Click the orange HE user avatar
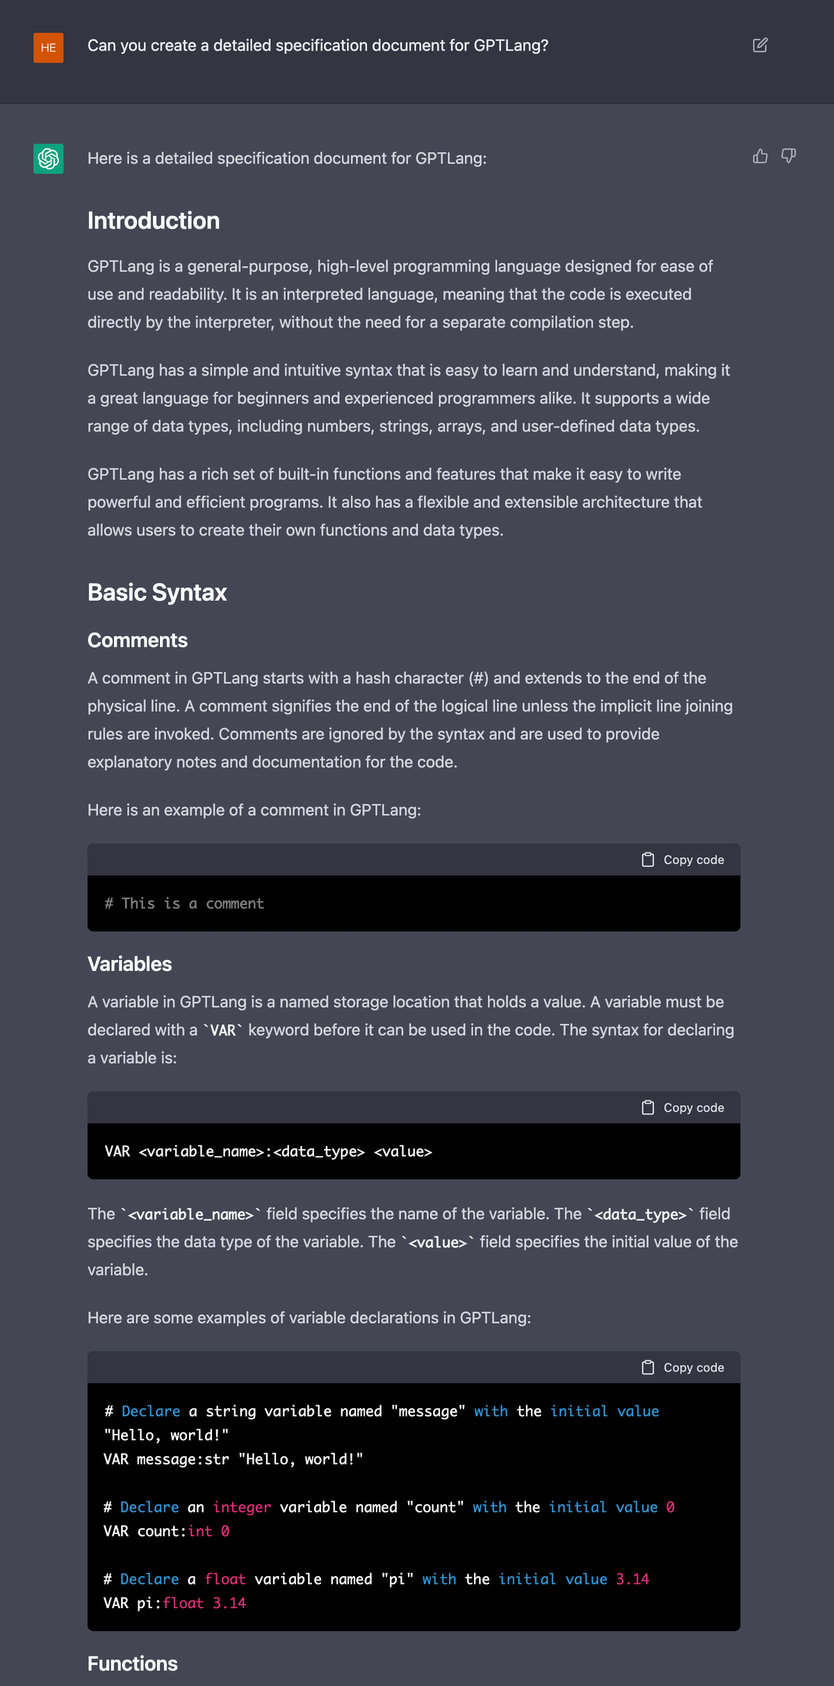click(x=48, y=48)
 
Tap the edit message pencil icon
click(x=760, y=45)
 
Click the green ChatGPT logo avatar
click(x=48, y=158)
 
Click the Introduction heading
click(x=154, y=221)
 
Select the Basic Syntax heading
click(x=157, y=593)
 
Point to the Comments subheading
click(x=138, y=640)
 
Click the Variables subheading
click(x=129, y=964)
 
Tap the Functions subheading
click(x=133, y=1664)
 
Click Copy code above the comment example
click(x=683, y=860)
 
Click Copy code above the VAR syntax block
click(x=683, y=1108)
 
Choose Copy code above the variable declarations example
click(x=683, y=1368)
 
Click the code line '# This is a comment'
click(x=184, y=904)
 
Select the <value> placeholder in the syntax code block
click(x=403, y=1152)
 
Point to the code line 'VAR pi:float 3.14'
click(x=174, y=1603)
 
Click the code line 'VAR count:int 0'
click(x=166, y=1531)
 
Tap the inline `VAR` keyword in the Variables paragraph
click(x=222, y=1031)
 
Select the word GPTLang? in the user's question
click(x=511, y=46)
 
